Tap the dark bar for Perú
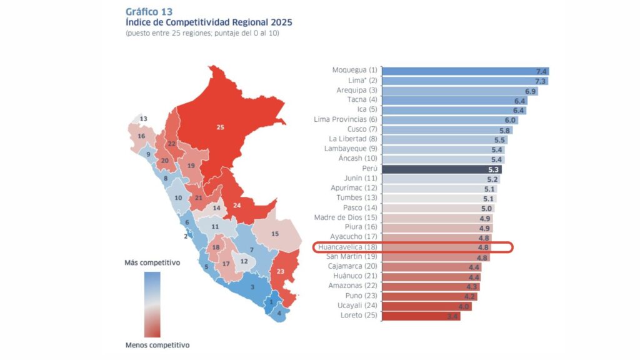click(x=441, y=169)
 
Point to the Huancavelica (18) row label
click(x=347, y=247)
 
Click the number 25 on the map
click(x=220, y=127)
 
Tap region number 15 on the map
click(x=275, y=234)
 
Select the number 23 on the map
click(x=280, y=271)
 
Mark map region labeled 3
click(x=252, y=287)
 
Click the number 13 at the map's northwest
click(x=144, y=119)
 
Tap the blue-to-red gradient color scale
click(x=152, y=304)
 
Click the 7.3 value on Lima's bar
click(x=540, y=81)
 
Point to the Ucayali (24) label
click(x=354, y=306)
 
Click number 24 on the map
click(x=237, y=205)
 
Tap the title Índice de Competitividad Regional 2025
click(x=208, y=22)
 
